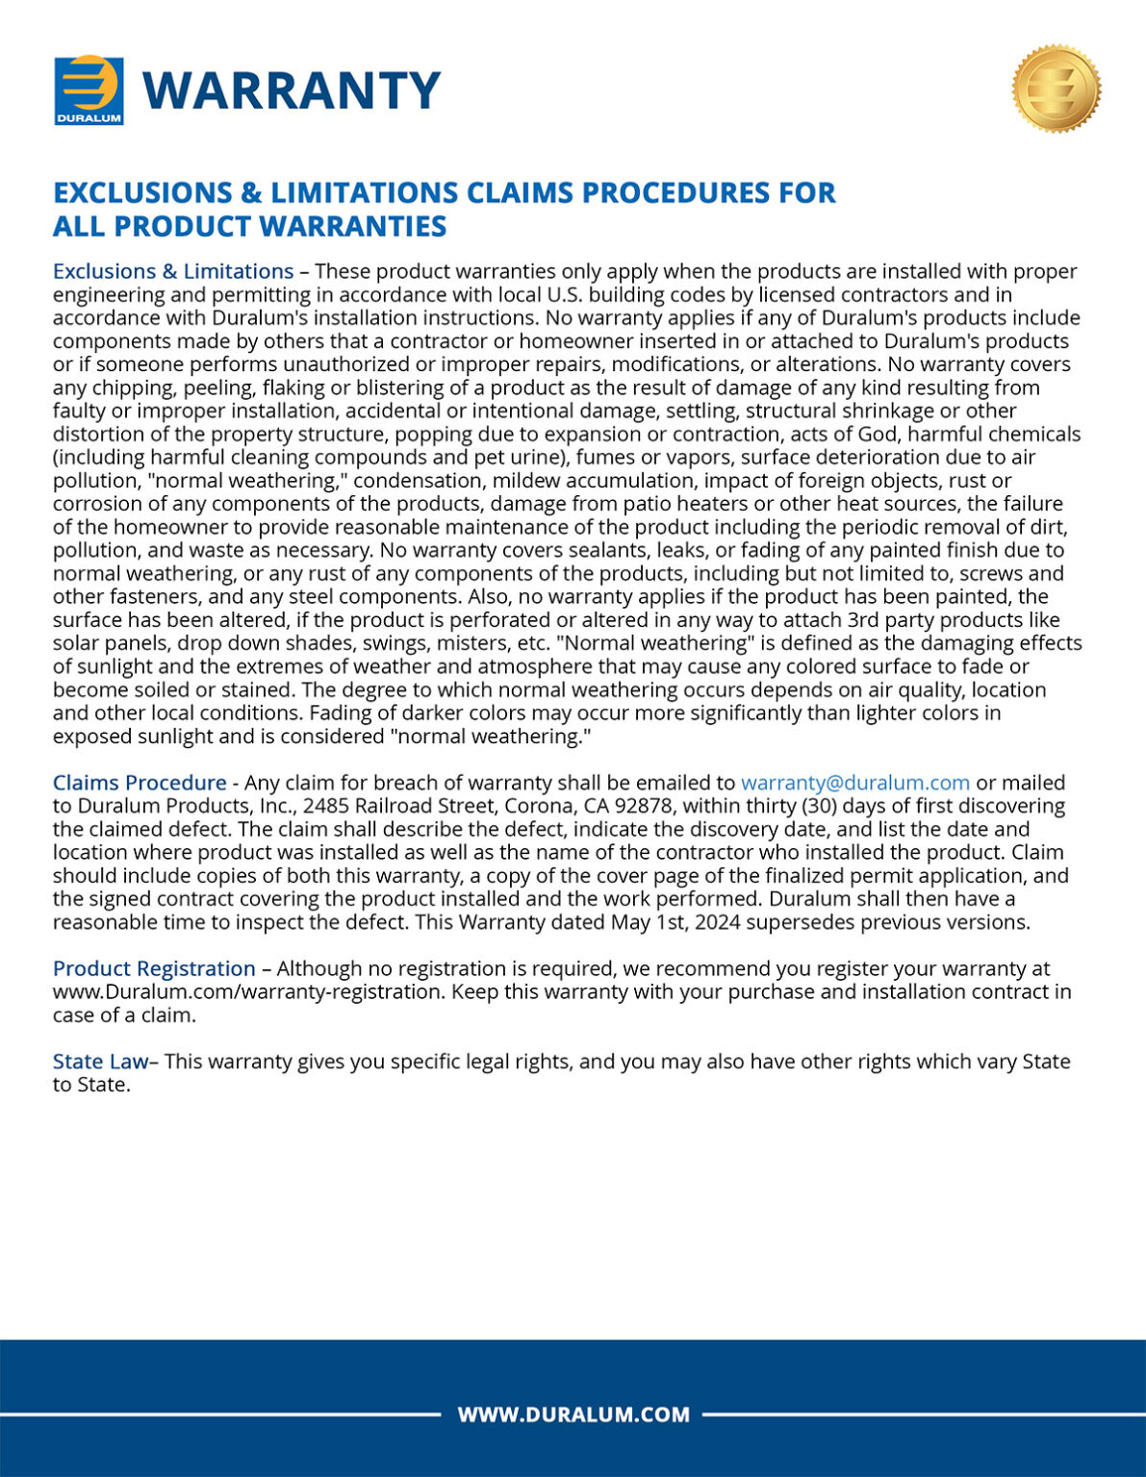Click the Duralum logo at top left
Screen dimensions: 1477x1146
pyautogui.click(x=89, y=90)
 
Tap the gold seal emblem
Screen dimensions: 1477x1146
pyautogui.click(x=1056, y=88)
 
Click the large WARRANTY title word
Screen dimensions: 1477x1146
pyautogui.click(x=292, y=90)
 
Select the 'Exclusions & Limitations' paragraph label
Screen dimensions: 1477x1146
pyautogui.click(x=173, y=271)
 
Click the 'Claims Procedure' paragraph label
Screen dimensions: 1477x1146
pyautogui.click(x=140, y=783)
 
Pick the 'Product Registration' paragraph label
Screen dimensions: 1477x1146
pyautogui.click(x=154, y=968)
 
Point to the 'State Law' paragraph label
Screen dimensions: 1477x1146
pyautogui.click(x=100, y=1062)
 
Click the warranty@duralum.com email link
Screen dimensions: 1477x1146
pyautogui.click(x=854, y=783)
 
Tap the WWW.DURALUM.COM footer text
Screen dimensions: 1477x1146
pyautogui.click(x=573, y=1414)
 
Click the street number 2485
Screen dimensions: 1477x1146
pyautogui.click(x=323, y=806)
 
